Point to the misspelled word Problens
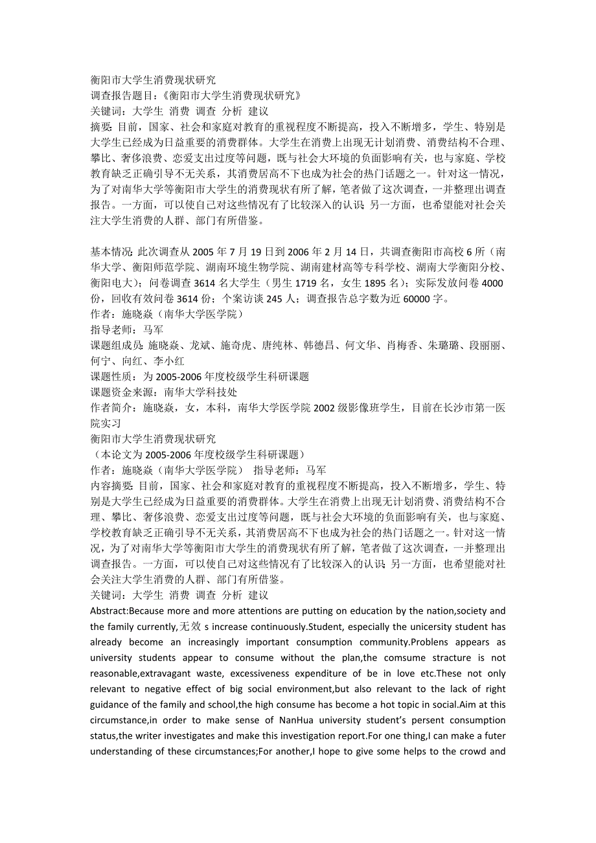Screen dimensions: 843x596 [435, 642]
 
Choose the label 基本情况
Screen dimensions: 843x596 [110, 252]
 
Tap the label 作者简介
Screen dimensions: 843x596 [111, 407]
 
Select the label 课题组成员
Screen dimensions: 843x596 [116, 345]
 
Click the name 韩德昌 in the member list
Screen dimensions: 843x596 [320, 345]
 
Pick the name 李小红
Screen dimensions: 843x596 [169, 361]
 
